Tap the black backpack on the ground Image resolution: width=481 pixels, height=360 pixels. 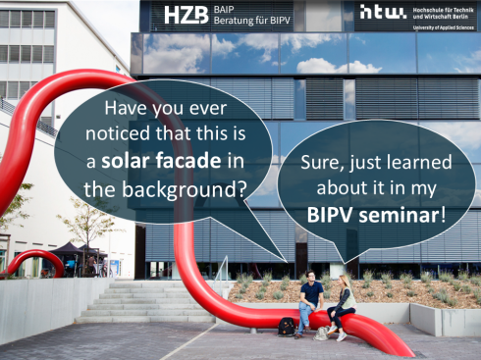pos(286,327)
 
